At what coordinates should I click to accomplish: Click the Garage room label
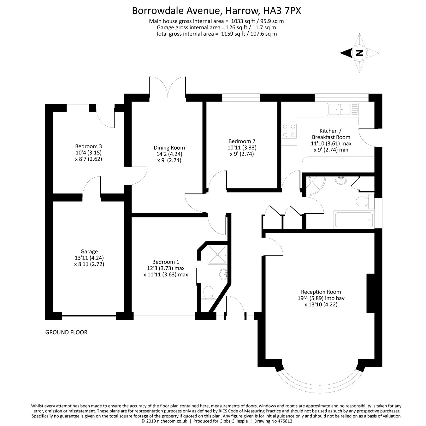point(89,251)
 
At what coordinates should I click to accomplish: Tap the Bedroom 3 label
point(88,146)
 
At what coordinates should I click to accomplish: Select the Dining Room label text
point(169,148)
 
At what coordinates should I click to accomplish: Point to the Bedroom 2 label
point(242,141)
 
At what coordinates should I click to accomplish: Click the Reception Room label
point(321,292)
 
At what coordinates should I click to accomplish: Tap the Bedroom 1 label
point(165,262)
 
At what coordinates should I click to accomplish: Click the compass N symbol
point(359,53)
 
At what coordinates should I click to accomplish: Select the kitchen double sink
point(343,109)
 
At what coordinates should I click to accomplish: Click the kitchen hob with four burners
point(289,131)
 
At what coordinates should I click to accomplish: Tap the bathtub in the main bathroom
point(354,220)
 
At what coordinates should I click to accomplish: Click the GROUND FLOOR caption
point(66,332)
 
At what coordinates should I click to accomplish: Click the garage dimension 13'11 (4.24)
point(89,258)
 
